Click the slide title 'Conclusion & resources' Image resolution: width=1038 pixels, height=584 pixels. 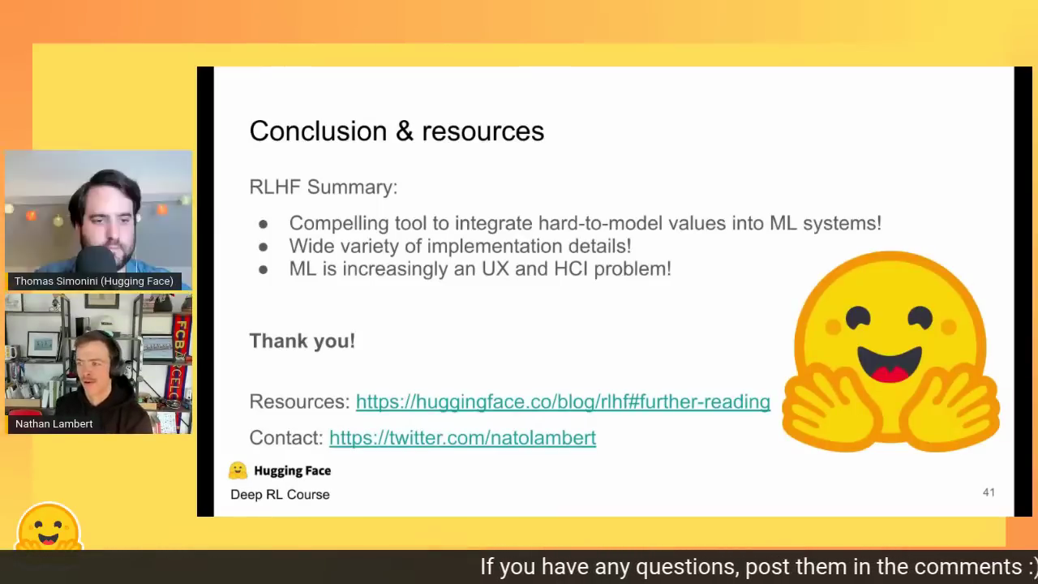click(397, 131)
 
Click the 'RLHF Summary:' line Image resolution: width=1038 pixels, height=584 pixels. click(324, 187)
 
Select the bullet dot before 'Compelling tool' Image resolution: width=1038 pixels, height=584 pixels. click(264, 225)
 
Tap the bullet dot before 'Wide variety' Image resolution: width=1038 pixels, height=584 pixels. click(264, 247)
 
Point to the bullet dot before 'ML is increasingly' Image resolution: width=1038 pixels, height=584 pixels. click(264, 270)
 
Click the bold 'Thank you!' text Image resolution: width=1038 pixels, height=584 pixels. click(302, 341)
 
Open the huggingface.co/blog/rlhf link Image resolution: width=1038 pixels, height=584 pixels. click(563, 401)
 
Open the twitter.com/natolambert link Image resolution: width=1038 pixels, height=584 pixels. click(462, 438)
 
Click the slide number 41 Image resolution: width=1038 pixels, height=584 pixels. click(989, 492)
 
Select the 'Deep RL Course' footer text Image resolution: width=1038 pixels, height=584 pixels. click(280, 495)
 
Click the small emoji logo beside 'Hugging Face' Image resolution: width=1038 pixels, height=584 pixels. click(238, 470)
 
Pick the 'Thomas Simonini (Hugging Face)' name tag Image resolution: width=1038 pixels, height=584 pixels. click(94, 281)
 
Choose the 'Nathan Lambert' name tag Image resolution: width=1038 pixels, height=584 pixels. click(54, 424)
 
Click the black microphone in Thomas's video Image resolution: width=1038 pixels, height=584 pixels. click(96, 260)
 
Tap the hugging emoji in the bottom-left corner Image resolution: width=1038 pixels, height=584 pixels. click(49, 527)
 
